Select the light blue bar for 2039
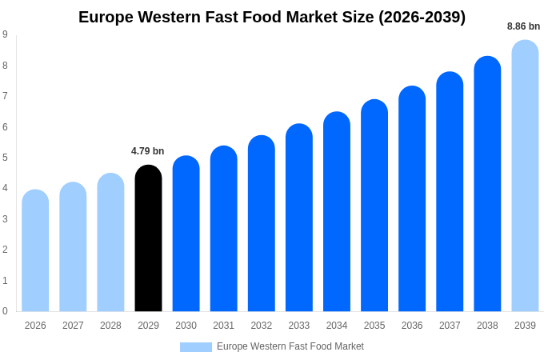pyautogui.click(x=525, y=176)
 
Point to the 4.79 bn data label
pyautogui.click(x=148, y=151)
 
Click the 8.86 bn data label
pyautogui.click(x=523, y=26)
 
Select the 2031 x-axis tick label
pyautogui.click(x=224, y=326)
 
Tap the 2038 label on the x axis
pyautogui.click(x=487, y=326)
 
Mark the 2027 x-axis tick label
pyautogui.click(x=73, y=326)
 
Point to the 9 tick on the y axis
pyautogui.click(x=5, y=34)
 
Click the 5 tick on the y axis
pyautogui.click(x=5, y=158)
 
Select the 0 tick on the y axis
pyautogui.click(x=5, y=311)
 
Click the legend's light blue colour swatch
pyautogui.click(x=196, y=347)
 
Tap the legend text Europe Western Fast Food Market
pyautogui.click(x=290, y=346)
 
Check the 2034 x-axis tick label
pyautogui.click(x=337, y=326)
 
